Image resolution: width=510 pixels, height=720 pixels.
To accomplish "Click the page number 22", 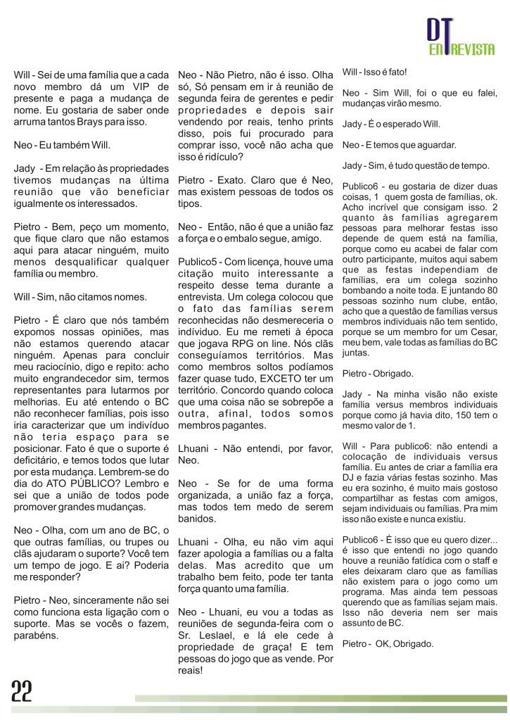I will click(x=23, y=693).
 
